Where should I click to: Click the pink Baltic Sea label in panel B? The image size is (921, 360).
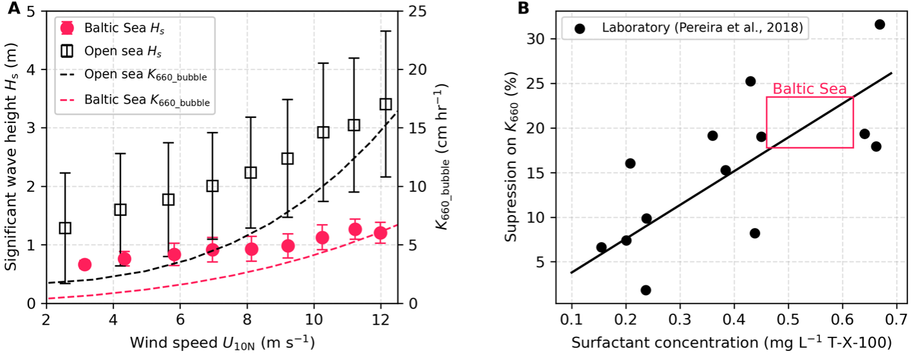[810, 89]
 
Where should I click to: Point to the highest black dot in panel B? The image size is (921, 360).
[879, 24]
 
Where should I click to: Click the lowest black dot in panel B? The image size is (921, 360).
[645, 290]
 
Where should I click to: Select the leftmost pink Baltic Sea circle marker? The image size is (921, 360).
[84, 264]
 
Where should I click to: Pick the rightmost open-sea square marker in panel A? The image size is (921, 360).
[386, 104]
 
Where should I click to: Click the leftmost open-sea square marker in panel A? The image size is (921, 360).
[64, 228]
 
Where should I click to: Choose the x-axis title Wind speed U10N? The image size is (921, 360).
[222, 341]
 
